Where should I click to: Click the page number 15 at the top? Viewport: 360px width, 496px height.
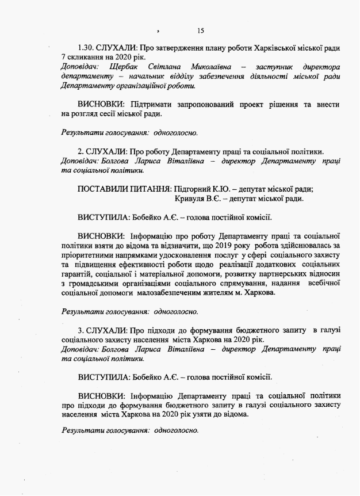click(x=200, y=30)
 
